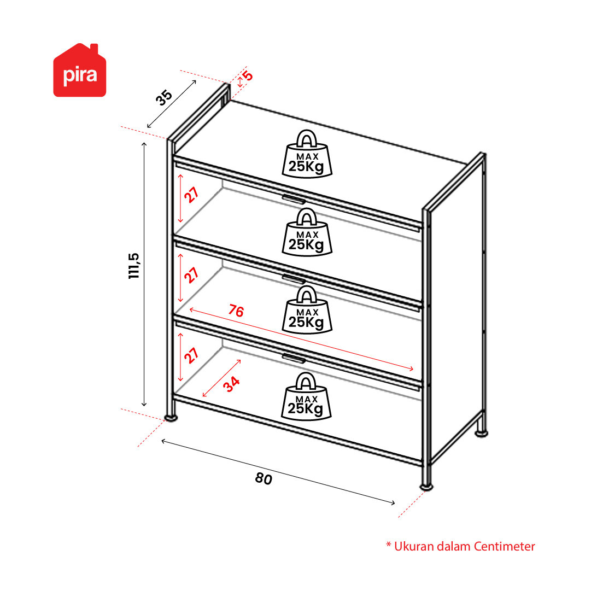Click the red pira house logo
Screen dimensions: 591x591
point(79,71)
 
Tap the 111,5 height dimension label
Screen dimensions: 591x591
point(134,266)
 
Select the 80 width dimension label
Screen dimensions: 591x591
point(264,479)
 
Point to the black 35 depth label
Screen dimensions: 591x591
point(164,98)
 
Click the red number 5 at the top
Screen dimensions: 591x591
point(248,76)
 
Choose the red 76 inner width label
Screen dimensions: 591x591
point(236,311)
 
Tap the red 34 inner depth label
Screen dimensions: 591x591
point(231,384)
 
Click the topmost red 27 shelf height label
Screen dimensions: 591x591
point(191,195)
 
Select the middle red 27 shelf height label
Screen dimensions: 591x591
point(191,275)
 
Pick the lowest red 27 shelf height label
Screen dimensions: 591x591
point(191,355)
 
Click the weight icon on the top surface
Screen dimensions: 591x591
point(307,154)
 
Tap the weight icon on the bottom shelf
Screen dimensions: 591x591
point(306,396)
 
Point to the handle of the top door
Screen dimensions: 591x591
point(294,200)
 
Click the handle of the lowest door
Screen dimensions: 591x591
point(294,359)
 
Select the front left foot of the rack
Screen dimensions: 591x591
point(171,417)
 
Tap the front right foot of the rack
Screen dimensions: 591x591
point(426,487)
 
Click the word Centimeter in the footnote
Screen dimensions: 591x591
point(504,546)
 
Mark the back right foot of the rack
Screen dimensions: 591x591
point(481,434)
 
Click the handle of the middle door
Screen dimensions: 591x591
point(294,279)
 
